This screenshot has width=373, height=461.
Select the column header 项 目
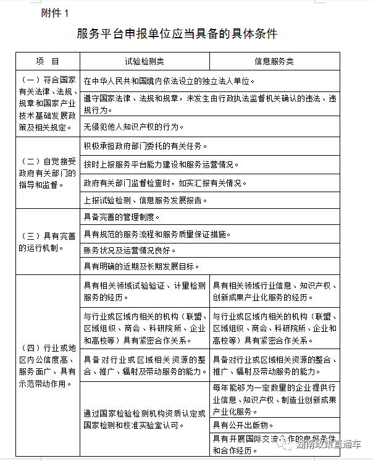pos(48,62)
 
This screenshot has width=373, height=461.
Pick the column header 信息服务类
pos(274,62)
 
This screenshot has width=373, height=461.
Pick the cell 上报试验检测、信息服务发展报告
pos(146,200)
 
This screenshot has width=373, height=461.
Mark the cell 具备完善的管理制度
pos(122,218)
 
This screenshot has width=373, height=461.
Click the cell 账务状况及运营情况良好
pos(130,250)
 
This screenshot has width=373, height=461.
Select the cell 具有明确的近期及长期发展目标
pos(141,266)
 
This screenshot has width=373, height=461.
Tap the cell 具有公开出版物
pos(241,424)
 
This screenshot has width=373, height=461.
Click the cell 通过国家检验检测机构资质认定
pos(145,420)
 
